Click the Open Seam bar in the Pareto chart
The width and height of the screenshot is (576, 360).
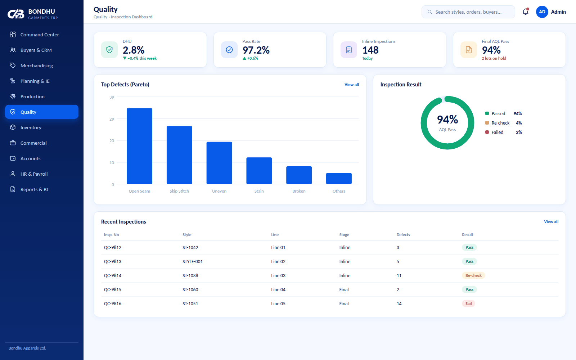click(x=139, y=146)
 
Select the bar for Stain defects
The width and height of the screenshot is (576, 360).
click(x=259, y=171)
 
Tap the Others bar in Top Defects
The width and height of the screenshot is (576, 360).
click(x=339, y=179)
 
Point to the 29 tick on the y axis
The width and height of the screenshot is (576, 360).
click(x=112, y=119)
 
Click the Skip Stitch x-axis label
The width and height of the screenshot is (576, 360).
click(x=179, y=191)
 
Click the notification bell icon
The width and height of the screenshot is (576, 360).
click(x=526, y=12)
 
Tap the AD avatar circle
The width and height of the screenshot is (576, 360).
click(x=542, y=12)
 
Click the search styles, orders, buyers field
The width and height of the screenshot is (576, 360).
click(x=468, y=12)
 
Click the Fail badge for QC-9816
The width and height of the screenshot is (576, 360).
click(x=468, y=303)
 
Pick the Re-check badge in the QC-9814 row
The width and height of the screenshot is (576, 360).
click(x=473, y=275)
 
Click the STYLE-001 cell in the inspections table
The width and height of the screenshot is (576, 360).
click(x=193, y=261)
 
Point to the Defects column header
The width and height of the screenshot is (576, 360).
click(x=403, y=235)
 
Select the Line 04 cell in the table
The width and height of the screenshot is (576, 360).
click(x=278, y=289)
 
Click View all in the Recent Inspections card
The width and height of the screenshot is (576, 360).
click(x=551, y=222)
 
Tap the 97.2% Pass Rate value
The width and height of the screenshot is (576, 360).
click(x=256, y=50)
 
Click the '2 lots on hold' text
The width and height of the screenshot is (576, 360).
click(x=494, y=58)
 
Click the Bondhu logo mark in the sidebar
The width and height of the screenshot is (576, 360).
click(x=16, y=14)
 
